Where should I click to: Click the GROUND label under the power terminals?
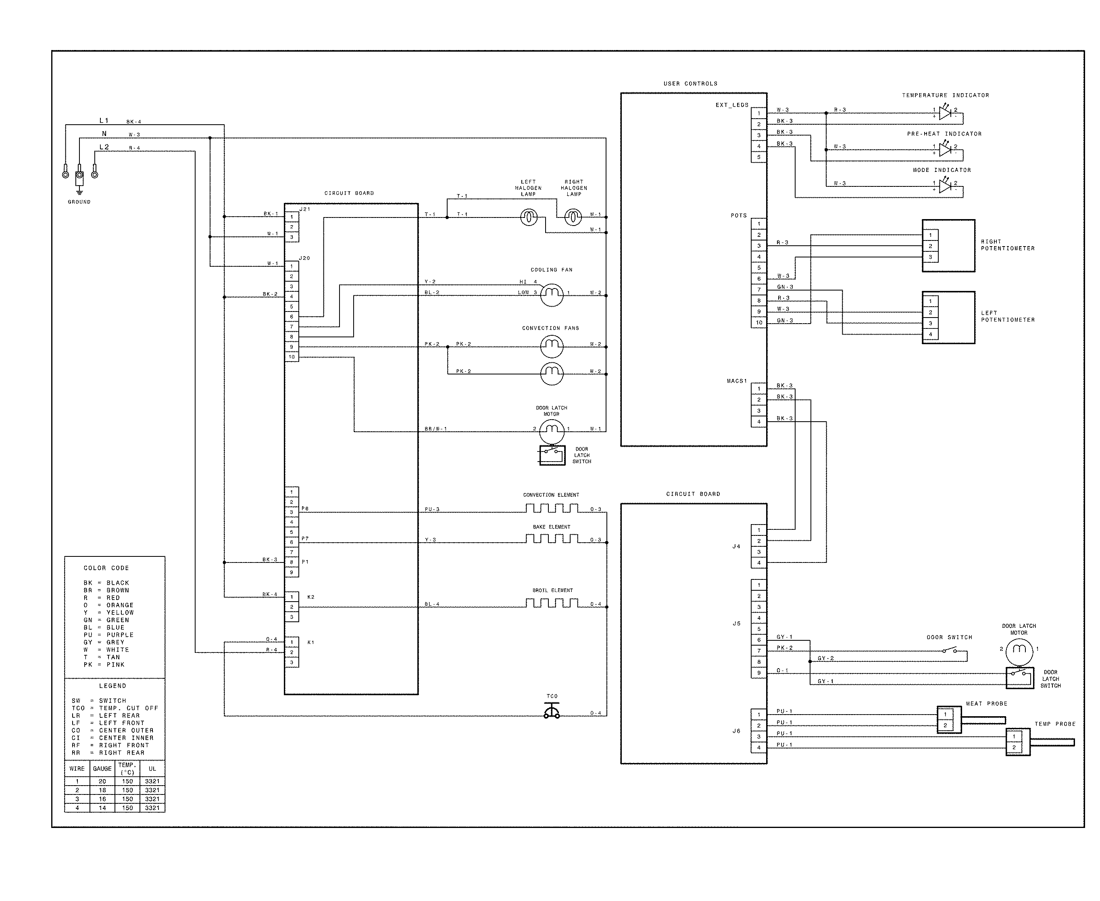point(79,202)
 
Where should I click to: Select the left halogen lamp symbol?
point(529,217)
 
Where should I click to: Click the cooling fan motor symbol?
point(552,295)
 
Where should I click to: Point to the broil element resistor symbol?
point(552,603)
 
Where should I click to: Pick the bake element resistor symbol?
point(552,539)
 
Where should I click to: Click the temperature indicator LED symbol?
point(944,112)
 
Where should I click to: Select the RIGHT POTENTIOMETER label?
point(1007,245)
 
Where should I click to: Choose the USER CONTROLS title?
point(690,84)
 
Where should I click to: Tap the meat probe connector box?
point(948,720)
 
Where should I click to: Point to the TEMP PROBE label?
point(1055,724)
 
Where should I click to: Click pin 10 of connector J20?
point(292,357)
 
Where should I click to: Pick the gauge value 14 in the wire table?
point(102,807)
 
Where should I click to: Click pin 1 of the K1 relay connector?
point(292,642)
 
